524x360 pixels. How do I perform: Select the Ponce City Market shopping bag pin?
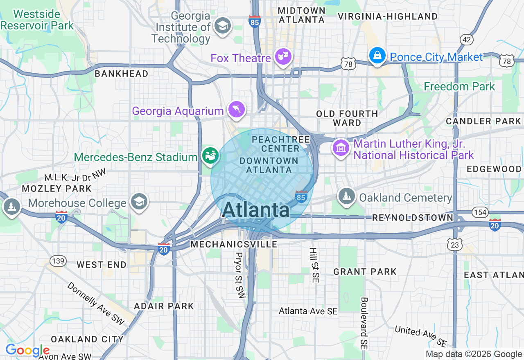(377, 55)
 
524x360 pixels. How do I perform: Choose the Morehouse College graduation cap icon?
(139, 202)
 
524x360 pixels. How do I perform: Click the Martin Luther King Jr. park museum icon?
(341, 148)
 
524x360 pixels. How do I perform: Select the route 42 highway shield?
(466, 40)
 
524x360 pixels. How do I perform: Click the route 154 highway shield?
(479, 212)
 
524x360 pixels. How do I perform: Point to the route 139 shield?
(58, 261)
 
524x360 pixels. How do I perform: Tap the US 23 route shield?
(456, 245)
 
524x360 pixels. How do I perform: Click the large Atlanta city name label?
(256, 210)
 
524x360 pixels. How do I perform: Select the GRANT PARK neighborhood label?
(365, 272)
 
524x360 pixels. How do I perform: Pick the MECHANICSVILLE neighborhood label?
(234, 244)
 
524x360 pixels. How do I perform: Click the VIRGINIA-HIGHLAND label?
(387, 16)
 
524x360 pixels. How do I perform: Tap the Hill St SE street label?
(314, 265)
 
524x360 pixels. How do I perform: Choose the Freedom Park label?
(459, 86)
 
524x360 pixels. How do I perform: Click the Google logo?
(27, 351)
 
